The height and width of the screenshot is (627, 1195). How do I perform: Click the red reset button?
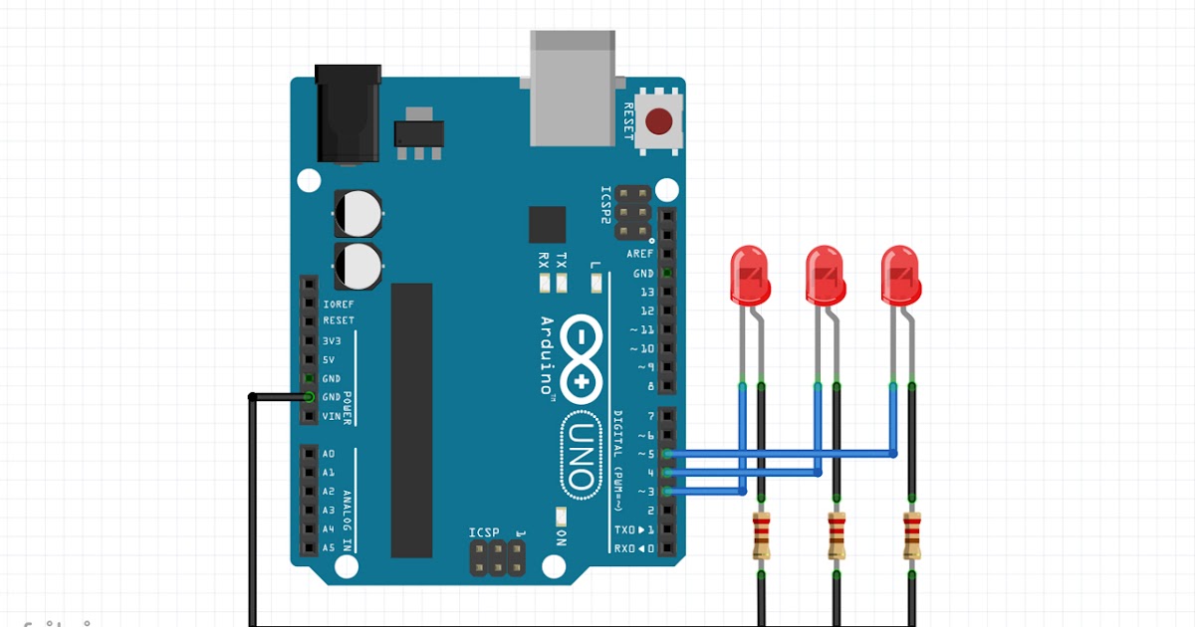pyautogui.click(x=658, y=121)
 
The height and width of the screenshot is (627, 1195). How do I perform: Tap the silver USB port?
pyautogui.click(x=573, y=88)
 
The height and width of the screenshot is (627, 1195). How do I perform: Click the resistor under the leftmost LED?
pyautogui.click(x=762, y=535)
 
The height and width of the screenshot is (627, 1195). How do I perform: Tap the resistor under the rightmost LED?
pyautogui.click(x=911, y=535)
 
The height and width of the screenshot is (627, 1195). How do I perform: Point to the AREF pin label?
pyautogui.click(x=640, y=254)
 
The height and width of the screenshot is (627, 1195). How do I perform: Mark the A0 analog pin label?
pyautogui.click(x=329, y=454)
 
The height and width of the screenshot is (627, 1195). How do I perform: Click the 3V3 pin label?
pyautogui.click(x=332, y=340)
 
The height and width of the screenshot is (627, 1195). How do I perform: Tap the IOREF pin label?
pyautogui.click(x=339, y=303)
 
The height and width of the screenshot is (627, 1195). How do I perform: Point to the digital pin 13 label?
pyautogui.click(x=647, y=292)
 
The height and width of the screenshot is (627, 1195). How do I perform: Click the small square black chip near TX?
pyautogui.click(x=547, y=224)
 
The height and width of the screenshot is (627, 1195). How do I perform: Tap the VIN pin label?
pyautogui.click(x=332, y=416)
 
